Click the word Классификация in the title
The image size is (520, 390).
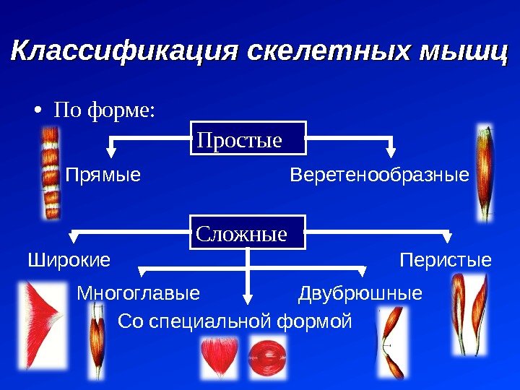(124, 53)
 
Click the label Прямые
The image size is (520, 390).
(103, 175)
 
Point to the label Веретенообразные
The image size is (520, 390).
(379, 175)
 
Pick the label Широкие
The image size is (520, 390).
(69, 260)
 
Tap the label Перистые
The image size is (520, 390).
(446, 260)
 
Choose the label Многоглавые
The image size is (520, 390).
(137, 294)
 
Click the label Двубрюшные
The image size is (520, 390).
(360, 294)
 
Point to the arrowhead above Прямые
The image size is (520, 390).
(112, 152)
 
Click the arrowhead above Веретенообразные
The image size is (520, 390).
(391, 152)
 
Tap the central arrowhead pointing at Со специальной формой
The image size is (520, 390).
(248, 297)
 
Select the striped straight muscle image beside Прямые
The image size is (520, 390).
(51, 171)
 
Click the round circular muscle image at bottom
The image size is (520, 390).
(263, 357)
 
